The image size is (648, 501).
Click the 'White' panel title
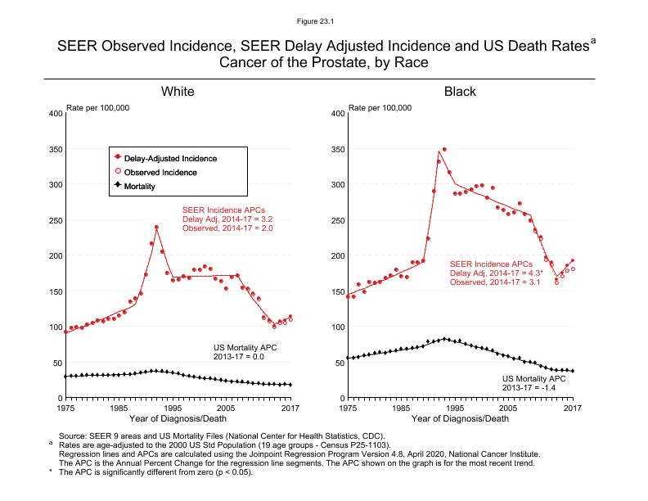[178, 91]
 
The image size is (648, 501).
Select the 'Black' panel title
[460, 91]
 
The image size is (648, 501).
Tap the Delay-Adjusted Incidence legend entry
[176, 157]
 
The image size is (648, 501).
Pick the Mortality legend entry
[155, 187]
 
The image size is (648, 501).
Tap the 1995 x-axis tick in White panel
[173, 407]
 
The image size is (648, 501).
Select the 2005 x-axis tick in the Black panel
[509, 407]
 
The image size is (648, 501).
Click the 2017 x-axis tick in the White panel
[290, 407]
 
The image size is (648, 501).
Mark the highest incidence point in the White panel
[156, 228]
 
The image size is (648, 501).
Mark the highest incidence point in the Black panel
[444, 150]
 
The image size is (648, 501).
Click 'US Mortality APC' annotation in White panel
[245, 348]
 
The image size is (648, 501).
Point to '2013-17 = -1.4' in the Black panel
[533, 387]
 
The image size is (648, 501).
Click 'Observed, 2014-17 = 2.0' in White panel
[227, 228]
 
